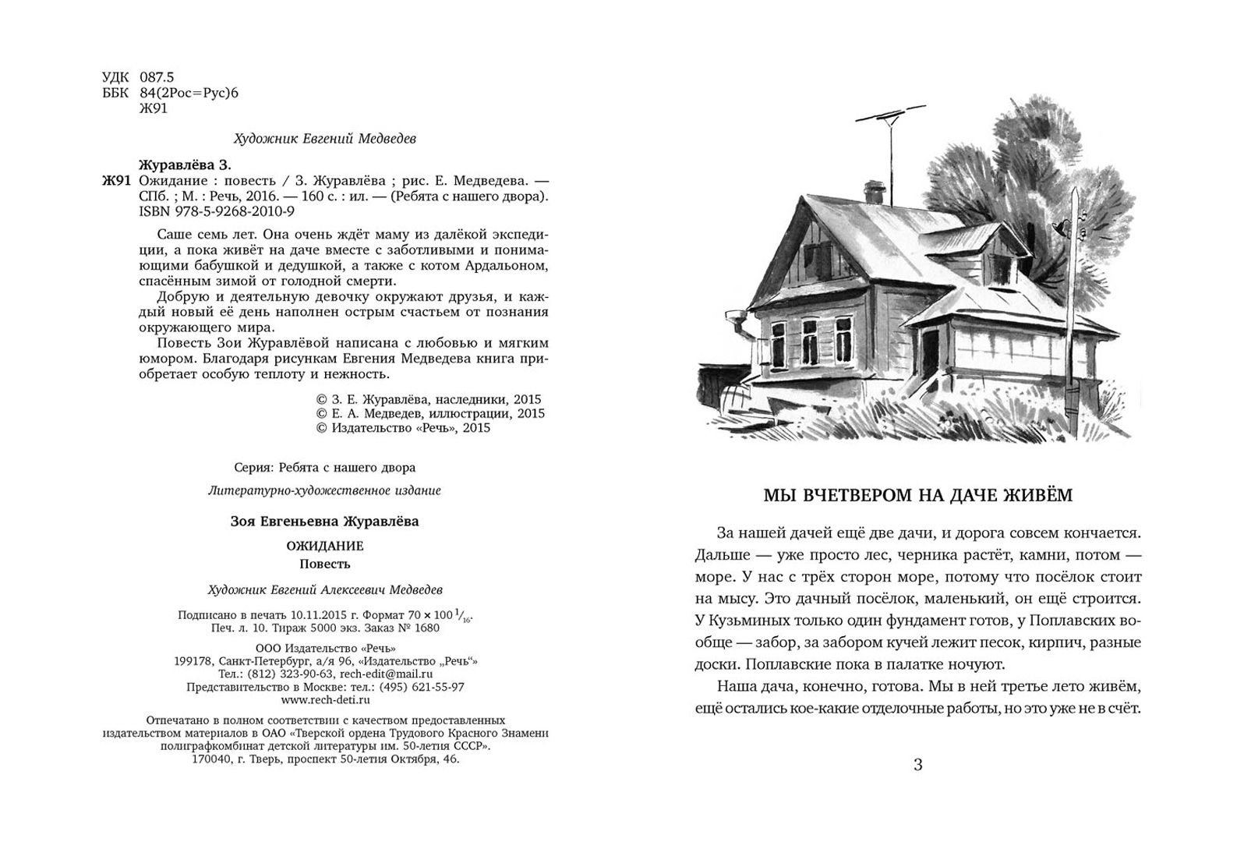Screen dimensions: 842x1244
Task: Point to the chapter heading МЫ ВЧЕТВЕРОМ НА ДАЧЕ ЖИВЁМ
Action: pos(917,496)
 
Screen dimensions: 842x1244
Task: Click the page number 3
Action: pos(917,765)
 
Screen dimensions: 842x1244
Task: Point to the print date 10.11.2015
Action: pos(302,614)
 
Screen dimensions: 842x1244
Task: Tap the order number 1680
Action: pos(426,628)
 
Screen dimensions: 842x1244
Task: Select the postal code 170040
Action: pos(214,759)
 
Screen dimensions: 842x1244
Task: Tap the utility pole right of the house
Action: pos(1073,304)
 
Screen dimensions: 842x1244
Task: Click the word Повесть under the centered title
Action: pos(325,564)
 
